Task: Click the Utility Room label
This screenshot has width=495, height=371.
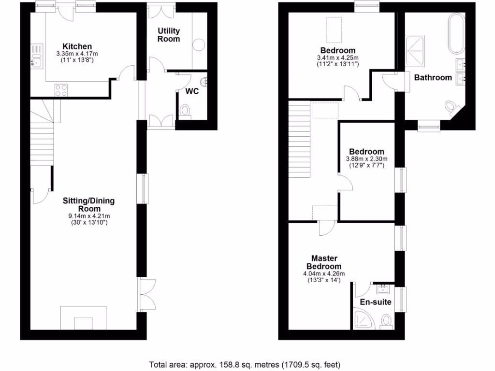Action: pyautogui.click(x=169, y=35)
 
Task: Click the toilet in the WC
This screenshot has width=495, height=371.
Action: pyautogui.click(x=186, y=111)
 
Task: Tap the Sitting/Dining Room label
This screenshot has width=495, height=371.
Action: pyautogui.click(x=89, y=205)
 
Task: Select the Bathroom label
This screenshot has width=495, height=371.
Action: pyautogui.click(x=433, y=77)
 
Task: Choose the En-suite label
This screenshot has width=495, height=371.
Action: pyautogui.click(x=376, y=302)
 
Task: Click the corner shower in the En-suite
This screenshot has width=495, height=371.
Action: pyautogui.click(x=362, y=319)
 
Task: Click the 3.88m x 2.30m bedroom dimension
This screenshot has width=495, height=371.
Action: pyautogui.click(x=366, y=159)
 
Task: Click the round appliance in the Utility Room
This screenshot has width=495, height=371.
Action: pyautogui.click(x=199, y=46)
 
